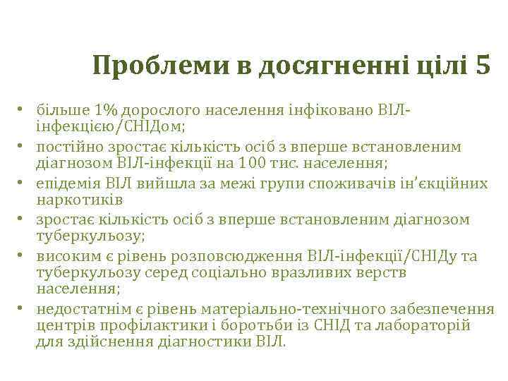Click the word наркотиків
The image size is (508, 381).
[71, 199]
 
